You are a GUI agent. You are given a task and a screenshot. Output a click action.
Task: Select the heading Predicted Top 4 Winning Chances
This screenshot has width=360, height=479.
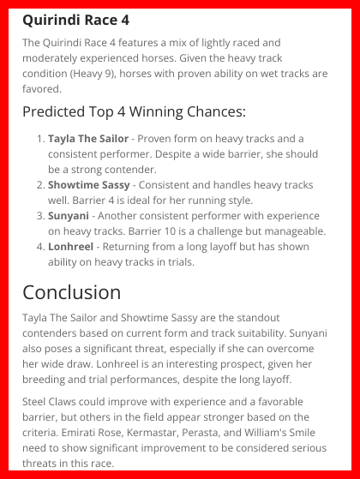[x=134, y=111]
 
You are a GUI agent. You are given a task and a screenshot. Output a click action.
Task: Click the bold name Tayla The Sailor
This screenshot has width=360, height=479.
[x=88, y=138]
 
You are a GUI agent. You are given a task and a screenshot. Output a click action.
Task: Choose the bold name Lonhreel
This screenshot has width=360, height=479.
[x=72, y=247]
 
